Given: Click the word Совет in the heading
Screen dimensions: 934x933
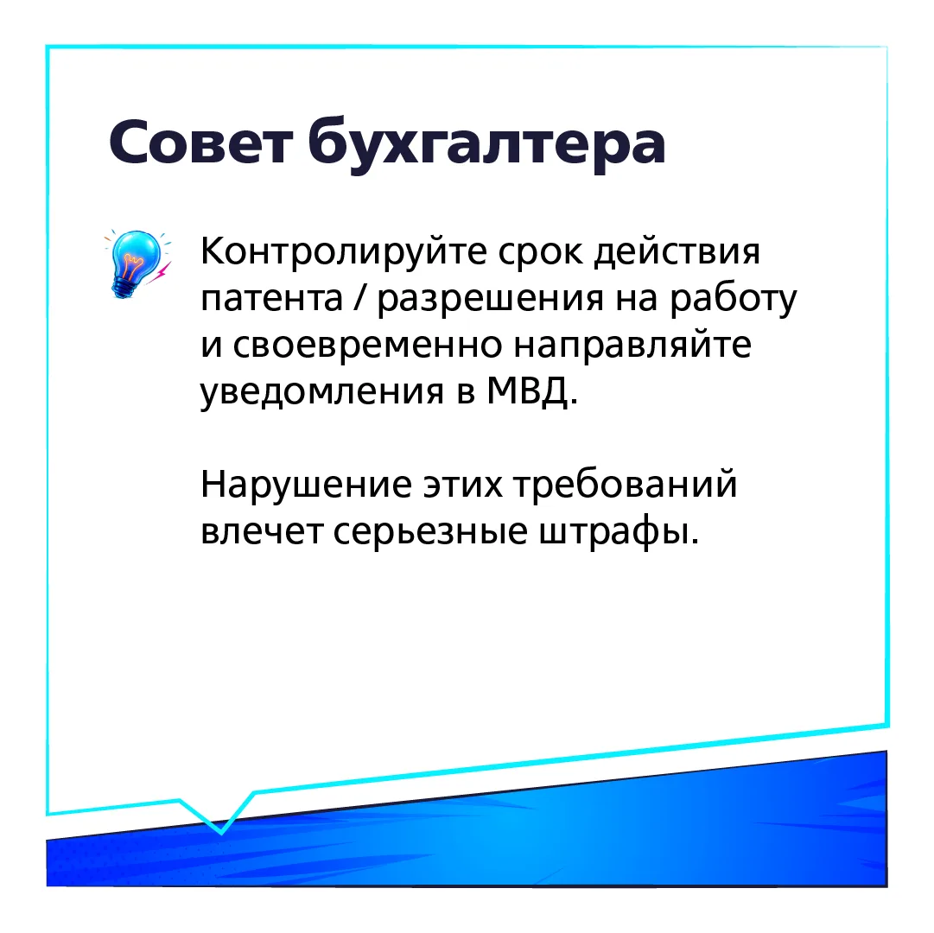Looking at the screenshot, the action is tap(200, 143).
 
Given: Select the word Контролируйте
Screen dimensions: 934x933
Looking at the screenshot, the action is tap(343, 252).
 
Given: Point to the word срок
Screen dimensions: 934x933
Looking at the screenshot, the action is tap(541, 254).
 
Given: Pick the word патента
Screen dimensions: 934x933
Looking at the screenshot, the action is tap(271, 300).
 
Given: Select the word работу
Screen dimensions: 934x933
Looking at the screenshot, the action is tap(734, 298).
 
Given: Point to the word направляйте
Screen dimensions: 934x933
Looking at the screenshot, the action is tap(632, 346).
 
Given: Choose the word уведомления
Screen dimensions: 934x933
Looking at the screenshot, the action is tap(322, 393).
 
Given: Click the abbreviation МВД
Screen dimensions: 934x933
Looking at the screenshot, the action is tap(528, 391).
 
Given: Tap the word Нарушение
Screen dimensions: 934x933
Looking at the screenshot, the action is tap(306, 486).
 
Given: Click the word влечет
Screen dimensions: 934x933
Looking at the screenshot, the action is tap(262, 531).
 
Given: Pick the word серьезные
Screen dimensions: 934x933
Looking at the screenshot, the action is tap(430, 531).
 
